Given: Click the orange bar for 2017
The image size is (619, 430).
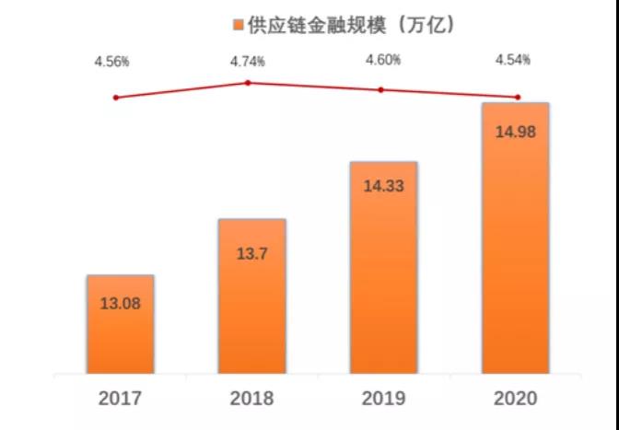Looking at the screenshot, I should [120, 327].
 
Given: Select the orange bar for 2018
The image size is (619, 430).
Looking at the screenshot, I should [251, 299].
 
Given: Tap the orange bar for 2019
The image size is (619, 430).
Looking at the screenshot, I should [383, 272].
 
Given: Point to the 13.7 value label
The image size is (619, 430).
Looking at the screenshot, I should [251, 250].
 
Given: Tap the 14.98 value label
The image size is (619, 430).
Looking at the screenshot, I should [515, 131].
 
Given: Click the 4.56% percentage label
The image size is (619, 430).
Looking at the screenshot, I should [111, 62].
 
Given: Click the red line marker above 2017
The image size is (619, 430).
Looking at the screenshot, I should [115, 98].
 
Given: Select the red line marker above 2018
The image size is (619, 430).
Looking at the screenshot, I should [248, 83].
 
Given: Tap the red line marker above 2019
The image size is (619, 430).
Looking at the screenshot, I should [381, 90].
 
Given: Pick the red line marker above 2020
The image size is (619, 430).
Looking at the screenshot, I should [518, 98].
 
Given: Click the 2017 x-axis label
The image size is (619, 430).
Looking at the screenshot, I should [120, 399].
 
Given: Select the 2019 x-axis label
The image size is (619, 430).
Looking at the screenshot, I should [383, 399].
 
